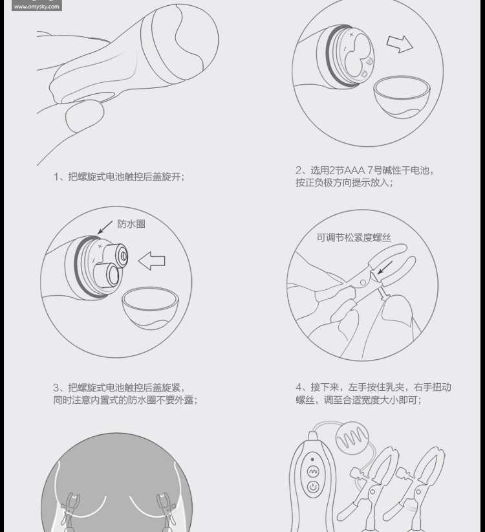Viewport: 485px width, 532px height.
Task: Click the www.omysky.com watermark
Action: click(37, 6)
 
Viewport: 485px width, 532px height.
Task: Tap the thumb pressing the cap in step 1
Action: click(85, 116)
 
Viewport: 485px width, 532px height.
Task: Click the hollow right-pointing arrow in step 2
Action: click(400, 44)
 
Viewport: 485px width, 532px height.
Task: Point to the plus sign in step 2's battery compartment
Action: click(352, 34)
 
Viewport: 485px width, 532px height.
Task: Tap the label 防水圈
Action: click(131, 224)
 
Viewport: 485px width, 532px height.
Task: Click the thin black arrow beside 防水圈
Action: click(105, 227)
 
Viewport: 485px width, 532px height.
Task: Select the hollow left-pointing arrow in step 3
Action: click(151, 261)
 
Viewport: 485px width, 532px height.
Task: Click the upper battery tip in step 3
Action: click(122, 255)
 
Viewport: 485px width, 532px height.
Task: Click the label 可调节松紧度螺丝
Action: click(354, 238)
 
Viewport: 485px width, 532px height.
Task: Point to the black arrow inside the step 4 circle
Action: click(385, 268)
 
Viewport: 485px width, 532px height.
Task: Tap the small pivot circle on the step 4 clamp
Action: click(363, 282)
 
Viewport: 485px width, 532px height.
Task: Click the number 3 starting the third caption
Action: click(56, 388)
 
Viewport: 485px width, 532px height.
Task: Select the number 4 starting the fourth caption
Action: click(299, 387)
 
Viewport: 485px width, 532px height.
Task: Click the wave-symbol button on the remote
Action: click(312, 472)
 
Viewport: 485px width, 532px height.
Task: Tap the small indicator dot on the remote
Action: click(312, 459)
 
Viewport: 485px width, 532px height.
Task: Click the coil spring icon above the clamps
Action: click(352, 438)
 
